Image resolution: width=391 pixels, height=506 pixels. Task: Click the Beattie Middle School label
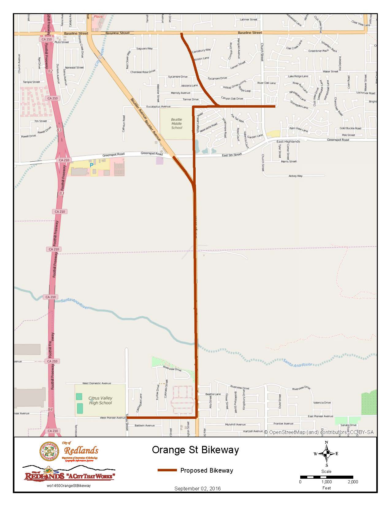click(177, 124)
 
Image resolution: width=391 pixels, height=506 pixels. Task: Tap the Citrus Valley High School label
click(100, 401)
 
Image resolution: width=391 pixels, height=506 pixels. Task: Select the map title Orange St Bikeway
click(195, 450)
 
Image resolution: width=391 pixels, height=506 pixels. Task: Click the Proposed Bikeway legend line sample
click(167, 470)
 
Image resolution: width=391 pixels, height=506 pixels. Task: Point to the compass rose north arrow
click(327, 453)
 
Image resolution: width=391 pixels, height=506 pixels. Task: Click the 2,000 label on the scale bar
click(353, 482)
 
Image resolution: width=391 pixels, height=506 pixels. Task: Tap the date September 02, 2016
click(197, 489)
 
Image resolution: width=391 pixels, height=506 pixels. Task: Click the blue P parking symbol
click(91, 165)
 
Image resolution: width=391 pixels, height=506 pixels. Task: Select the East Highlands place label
click(288, 141)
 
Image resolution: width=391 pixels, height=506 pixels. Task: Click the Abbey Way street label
click(295, 176)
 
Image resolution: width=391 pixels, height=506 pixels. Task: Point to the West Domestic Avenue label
click(97, 383)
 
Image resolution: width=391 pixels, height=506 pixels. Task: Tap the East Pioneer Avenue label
click(320, 416)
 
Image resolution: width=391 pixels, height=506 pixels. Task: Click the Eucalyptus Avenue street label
click(158, 106)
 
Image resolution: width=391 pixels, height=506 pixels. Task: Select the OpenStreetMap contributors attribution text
click(319, 432)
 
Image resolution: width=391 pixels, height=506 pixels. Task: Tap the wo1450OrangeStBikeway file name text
click(69, 485)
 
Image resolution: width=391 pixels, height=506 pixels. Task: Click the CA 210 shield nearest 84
click(53, 431)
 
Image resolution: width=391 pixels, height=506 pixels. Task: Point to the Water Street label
click(330, 71)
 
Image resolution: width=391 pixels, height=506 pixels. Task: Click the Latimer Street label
click(248, 20)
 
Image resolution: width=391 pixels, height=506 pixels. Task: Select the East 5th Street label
click(232, 155)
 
